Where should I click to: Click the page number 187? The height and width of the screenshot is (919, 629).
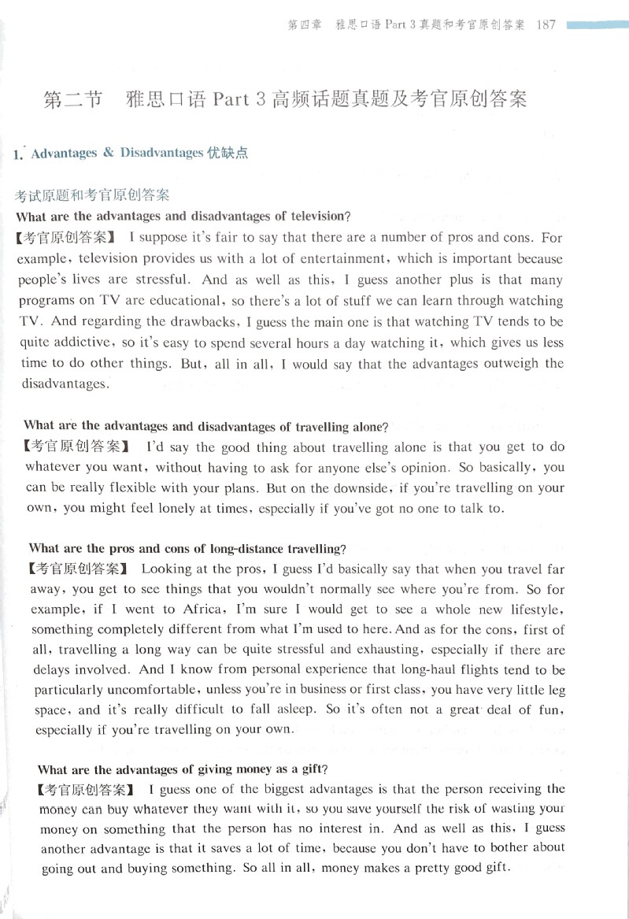click(x=545, y=24)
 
